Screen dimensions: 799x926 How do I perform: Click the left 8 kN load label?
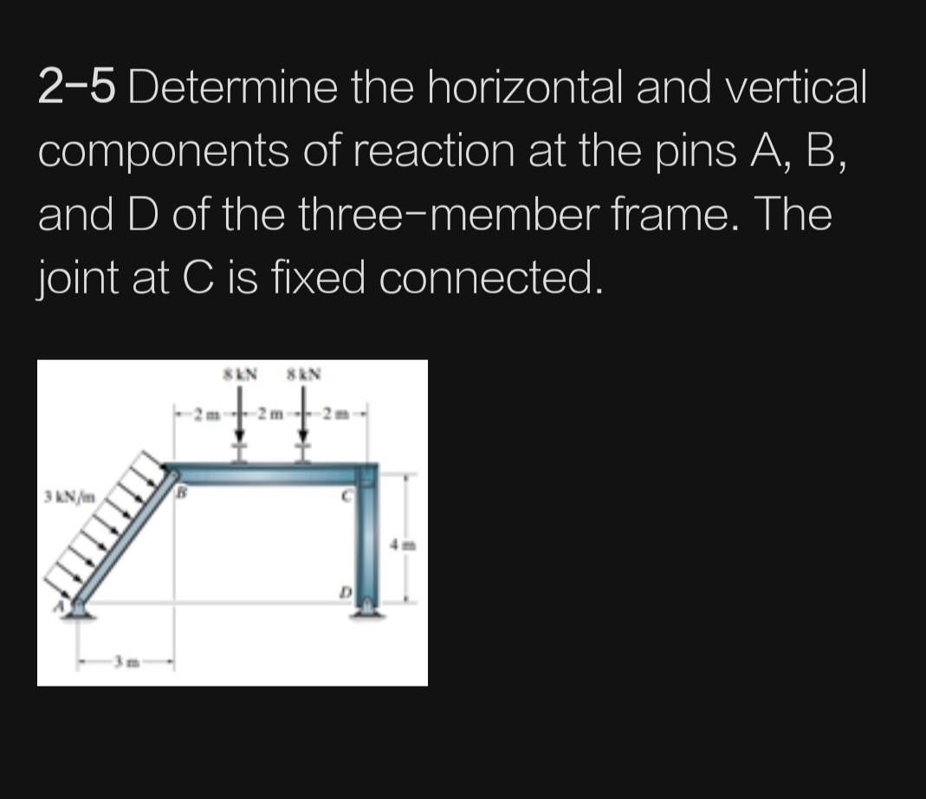[240, 376]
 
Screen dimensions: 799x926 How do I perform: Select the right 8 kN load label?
[304, 376]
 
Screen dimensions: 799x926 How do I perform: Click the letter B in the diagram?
[181, 494]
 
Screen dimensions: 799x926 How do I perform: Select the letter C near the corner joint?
[345, 496]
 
